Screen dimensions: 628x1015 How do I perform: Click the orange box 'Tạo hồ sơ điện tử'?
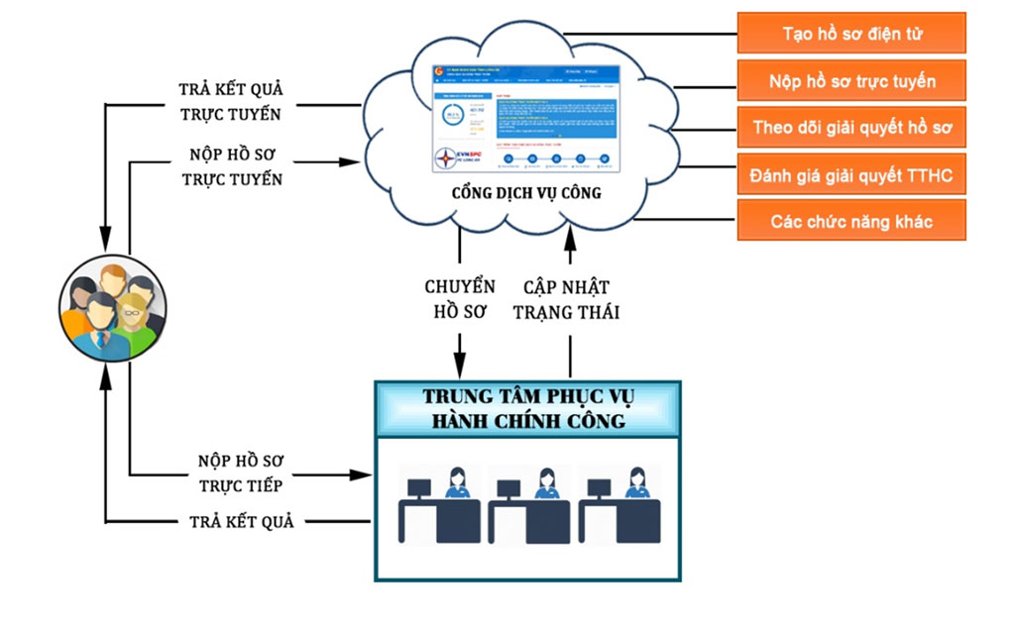[x=851, y=34]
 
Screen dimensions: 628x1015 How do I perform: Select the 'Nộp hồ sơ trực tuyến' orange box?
[x=851, y=80]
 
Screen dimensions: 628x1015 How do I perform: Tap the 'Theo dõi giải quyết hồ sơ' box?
[x=851, y=127]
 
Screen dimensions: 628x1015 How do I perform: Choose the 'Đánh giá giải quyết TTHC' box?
[x=851, y=174]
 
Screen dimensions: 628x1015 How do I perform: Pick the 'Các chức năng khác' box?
[x=851, y=221]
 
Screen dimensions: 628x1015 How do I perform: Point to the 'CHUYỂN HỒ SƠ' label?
[x=459, y=299]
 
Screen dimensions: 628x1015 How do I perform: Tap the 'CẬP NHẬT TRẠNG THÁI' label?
[x=571, y=299]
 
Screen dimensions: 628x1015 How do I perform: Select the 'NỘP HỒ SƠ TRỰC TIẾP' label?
[x=240, y=473]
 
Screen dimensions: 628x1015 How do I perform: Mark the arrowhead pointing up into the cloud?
[x=571, y=236]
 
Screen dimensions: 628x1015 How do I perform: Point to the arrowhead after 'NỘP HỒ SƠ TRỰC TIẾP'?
[x=362, y=475]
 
